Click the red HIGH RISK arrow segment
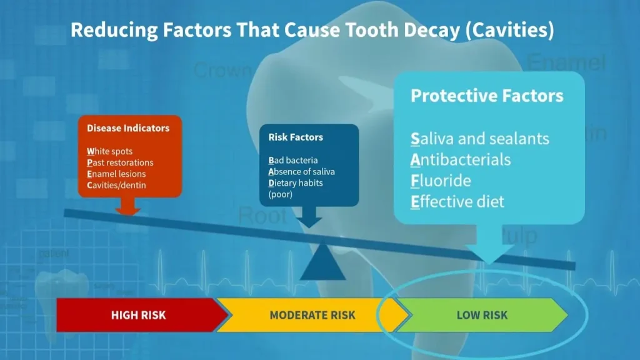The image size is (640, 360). [138, 315]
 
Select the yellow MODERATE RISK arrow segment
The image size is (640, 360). [312, 315]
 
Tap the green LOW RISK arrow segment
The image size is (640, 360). [482, 315]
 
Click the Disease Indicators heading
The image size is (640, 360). [128, 128]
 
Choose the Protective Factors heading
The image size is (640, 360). [487, 96]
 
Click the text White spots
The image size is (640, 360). [110, 151]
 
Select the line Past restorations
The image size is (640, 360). [120, 162]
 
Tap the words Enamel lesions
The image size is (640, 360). [116, 174]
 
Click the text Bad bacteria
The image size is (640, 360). [293, 160]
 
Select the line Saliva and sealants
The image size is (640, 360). [480, 138]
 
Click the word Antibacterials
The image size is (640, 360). [461, 159]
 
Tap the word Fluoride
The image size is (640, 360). [441, 181]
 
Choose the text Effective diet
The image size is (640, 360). [457, 202]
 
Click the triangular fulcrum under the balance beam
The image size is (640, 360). [322, 264]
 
